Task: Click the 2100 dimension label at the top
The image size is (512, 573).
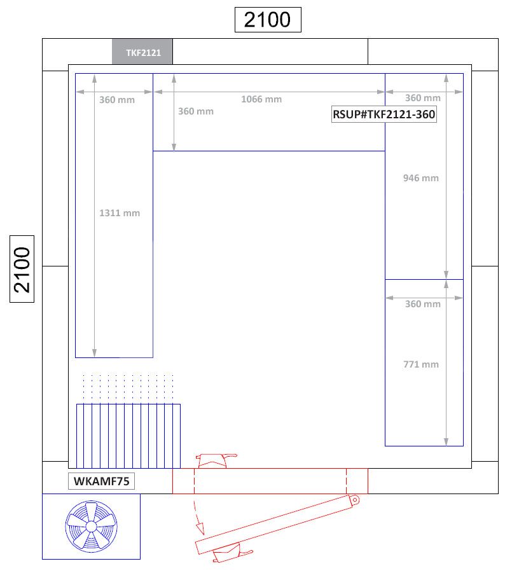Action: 267,20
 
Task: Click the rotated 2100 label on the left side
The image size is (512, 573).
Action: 22,269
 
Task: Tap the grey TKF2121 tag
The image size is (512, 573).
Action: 142,52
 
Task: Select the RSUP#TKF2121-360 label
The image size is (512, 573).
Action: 384,115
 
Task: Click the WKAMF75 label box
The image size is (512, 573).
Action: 102,481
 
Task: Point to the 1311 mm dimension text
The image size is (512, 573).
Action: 120,213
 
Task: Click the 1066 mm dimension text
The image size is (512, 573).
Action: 261,99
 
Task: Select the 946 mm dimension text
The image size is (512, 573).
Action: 420,178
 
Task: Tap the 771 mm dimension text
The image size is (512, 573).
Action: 420,364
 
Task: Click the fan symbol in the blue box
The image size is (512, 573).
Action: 91,526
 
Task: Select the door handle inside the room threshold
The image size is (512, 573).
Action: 216,460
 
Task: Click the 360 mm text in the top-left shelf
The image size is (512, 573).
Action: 117,100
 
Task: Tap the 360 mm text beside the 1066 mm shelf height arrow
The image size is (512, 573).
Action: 196,111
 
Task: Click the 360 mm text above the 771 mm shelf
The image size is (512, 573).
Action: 422,304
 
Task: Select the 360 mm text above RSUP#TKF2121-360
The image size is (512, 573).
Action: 422,98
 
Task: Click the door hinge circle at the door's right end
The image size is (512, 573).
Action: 354,500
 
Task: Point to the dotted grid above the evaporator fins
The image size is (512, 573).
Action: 128,388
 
